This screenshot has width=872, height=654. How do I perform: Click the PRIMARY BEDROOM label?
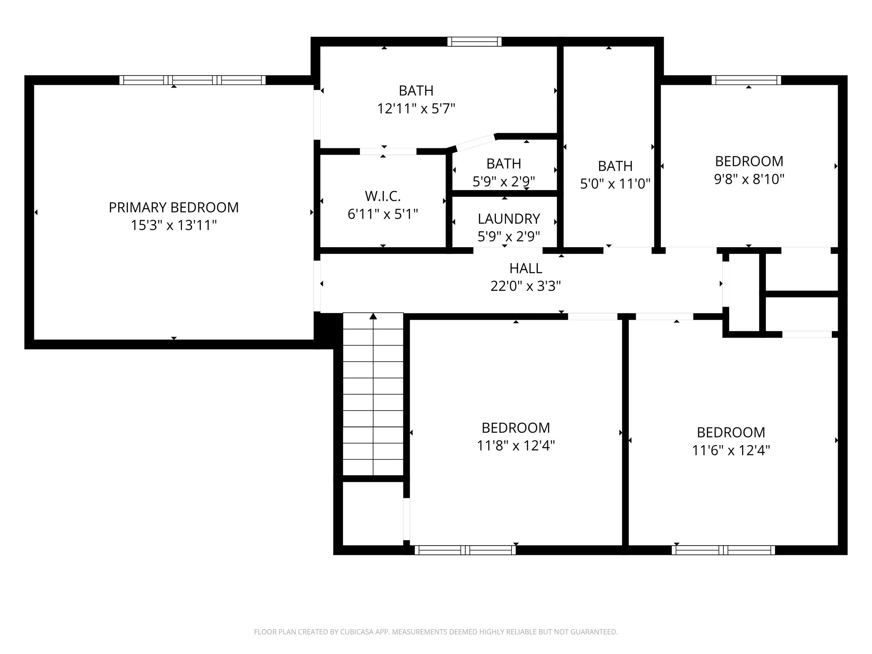[x=174, y=207]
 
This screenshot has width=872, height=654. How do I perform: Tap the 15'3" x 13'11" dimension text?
[x=174, y=225]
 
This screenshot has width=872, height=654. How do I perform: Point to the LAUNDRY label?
[x=509, y=219]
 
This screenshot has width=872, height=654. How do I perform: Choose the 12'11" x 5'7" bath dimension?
[x=416, y=108]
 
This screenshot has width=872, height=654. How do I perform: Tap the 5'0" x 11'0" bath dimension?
[x=615, y=184]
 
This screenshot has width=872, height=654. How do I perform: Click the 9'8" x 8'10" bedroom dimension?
[x=749, y=179]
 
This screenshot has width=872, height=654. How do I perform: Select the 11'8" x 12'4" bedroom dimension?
[x=516, y=445]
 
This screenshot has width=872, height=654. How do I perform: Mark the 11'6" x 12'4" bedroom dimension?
[x=731, y=450]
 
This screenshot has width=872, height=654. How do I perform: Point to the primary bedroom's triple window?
[x=192, y=80]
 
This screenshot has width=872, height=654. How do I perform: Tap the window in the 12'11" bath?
[x=475, y=42]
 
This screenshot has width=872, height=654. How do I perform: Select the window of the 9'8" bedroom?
[x=746, y=80]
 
